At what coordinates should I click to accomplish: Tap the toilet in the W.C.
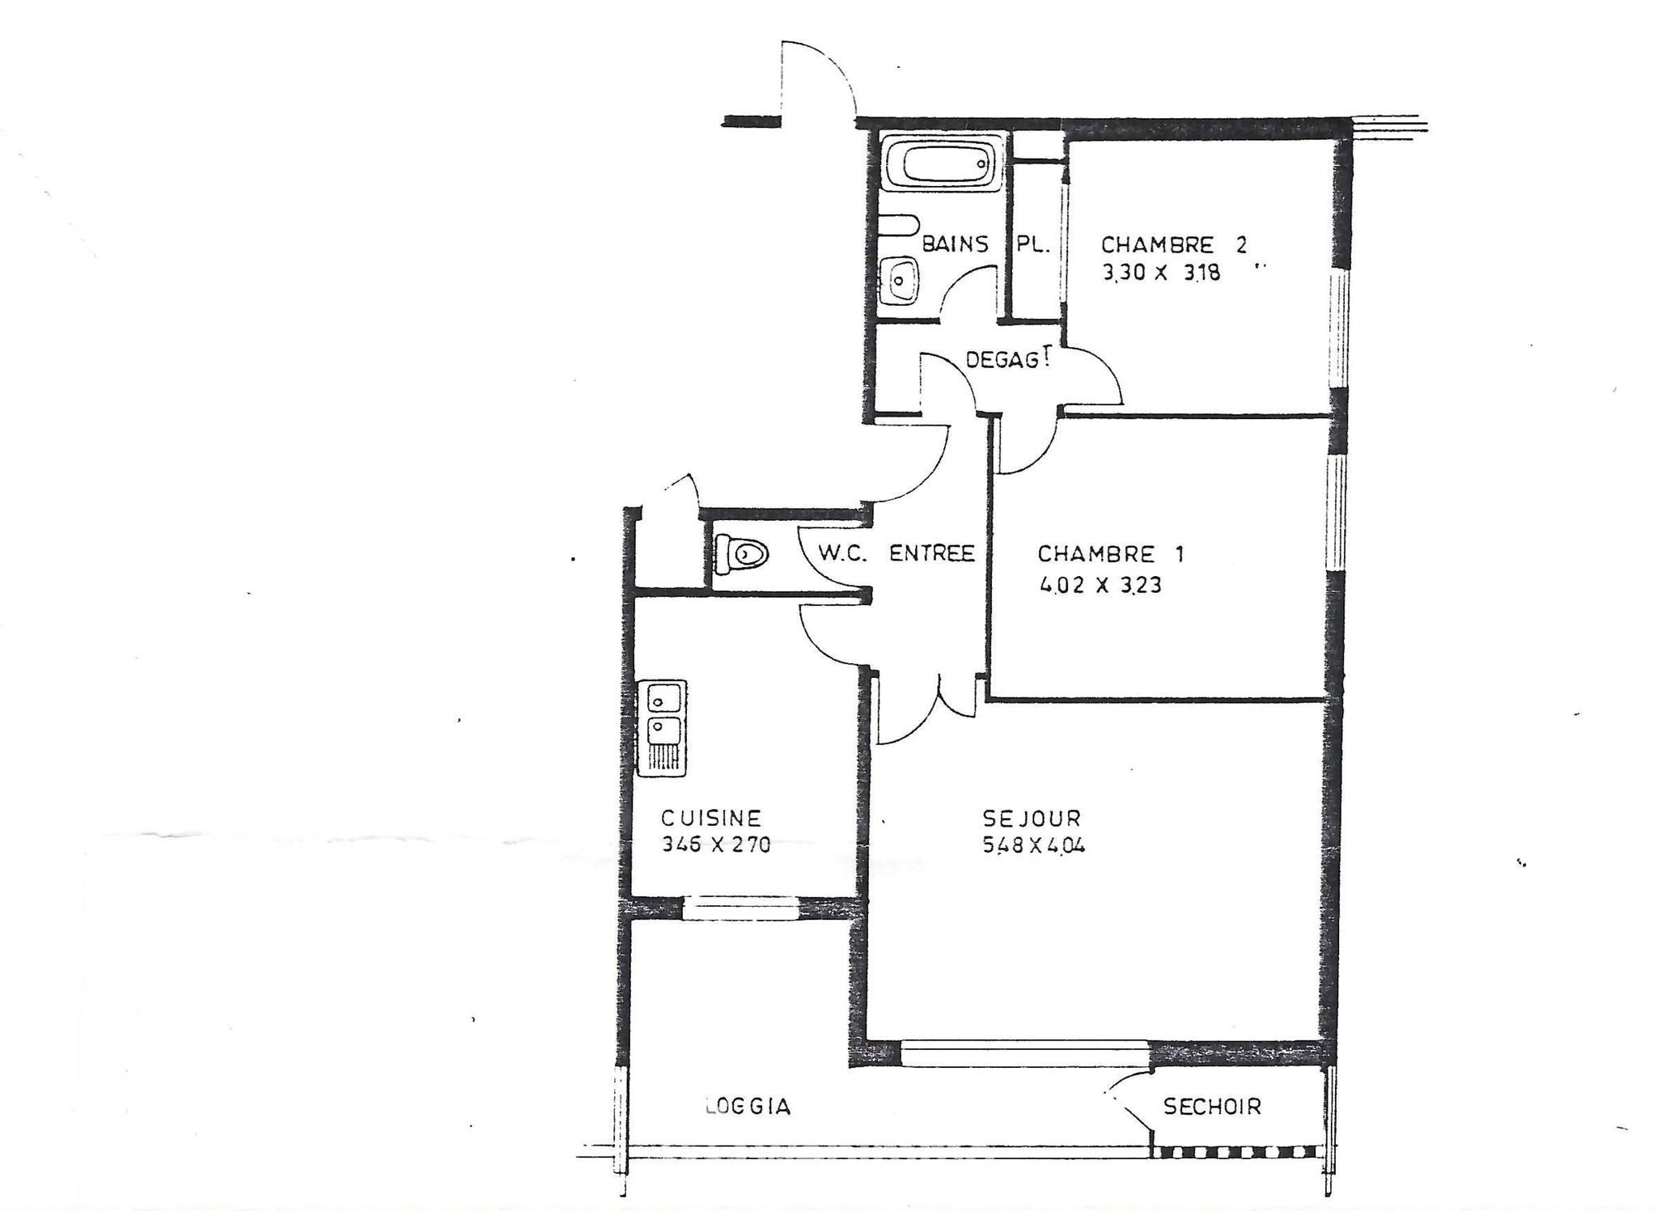(x=741, y=554)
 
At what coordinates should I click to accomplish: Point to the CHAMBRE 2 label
(x=1174, y=244)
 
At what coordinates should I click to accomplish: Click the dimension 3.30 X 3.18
(x=1161, y=273)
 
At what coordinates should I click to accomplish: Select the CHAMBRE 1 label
(x=1110, y=554)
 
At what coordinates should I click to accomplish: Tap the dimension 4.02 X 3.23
(x=1100, y=584)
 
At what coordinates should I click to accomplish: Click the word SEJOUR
(x=1031, y=818)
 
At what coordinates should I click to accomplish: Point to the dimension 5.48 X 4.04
(x=1033, y=845)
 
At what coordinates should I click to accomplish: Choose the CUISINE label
(x=711, y=817)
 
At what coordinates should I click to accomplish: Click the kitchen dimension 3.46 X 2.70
(x=716, y=845)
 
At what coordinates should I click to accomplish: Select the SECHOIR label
(x=1212, y=1106)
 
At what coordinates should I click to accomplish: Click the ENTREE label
(x=932, y=553)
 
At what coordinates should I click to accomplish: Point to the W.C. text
(x=842, y=553)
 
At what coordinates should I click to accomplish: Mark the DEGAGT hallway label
(x=1008, y=358)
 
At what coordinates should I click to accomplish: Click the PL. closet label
(x=1032, y=244)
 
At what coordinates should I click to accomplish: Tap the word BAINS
(x=955, y=243)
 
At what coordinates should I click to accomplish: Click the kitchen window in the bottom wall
(x=741, y=908)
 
